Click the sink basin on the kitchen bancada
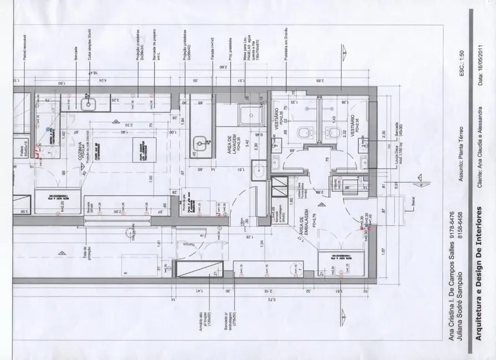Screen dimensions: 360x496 pos(87,103)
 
